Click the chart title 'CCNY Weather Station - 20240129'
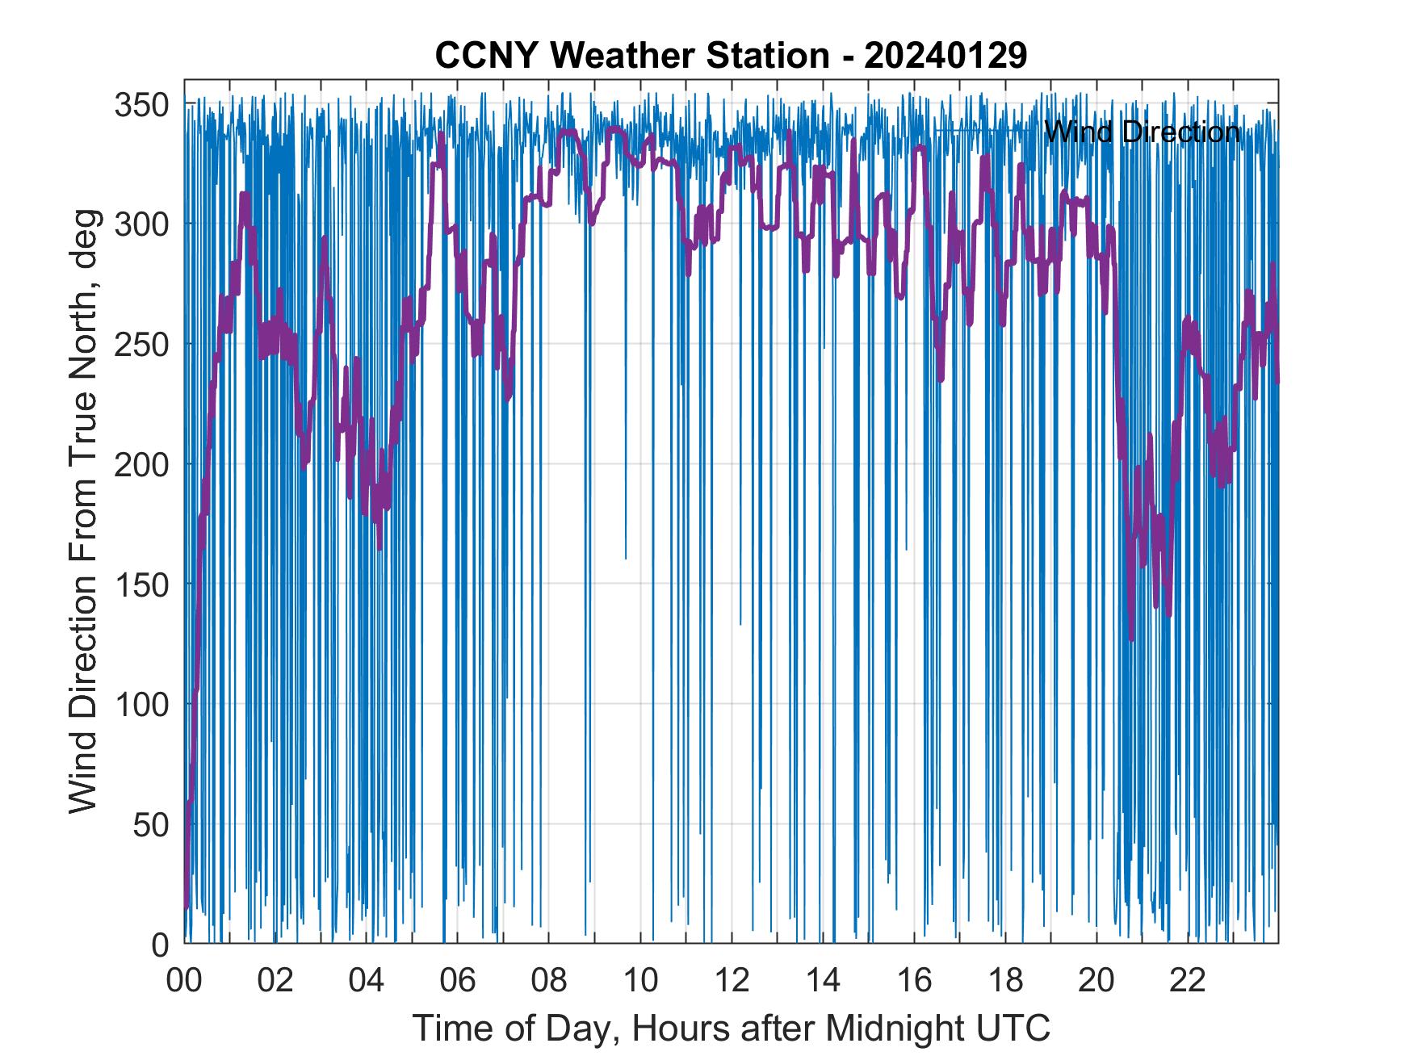tap(731, 56)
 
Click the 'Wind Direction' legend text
tap(1142, 131)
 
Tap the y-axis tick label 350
tap(141, 105)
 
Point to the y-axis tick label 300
tap(141, 224)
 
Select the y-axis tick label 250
tap(141, 345)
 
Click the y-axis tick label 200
tap(141, 465)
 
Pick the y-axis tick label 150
tap(141, 584)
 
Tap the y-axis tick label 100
tap(141, 705)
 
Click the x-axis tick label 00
tap(184, 982)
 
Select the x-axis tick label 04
tap(367, 982)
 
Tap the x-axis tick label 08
tap(549, 982)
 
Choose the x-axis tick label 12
tap(732, 982)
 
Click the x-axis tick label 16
tap(914, 982)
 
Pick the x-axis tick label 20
tap(1096, 982)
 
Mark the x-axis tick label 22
tap(1188, 982)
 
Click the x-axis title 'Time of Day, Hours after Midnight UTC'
tap(732, 1029)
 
